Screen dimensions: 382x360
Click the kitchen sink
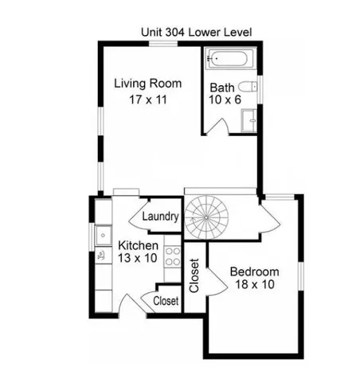[x=102, y=234]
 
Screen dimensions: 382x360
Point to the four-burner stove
[x=171, y=256]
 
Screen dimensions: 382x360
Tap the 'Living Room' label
[x=147, y=83]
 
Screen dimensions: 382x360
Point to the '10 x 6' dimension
[x=225, y=100]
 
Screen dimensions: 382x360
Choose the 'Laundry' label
[x=159, y=216]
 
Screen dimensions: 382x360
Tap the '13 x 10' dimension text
[x=138, y=258]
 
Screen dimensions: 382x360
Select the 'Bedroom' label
[x=255, y=272]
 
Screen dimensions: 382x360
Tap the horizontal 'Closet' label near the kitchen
[x=165, y=301]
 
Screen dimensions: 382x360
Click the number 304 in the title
[x=179, y=33]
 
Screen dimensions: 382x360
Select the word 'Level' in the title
[x=238, y=33]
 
